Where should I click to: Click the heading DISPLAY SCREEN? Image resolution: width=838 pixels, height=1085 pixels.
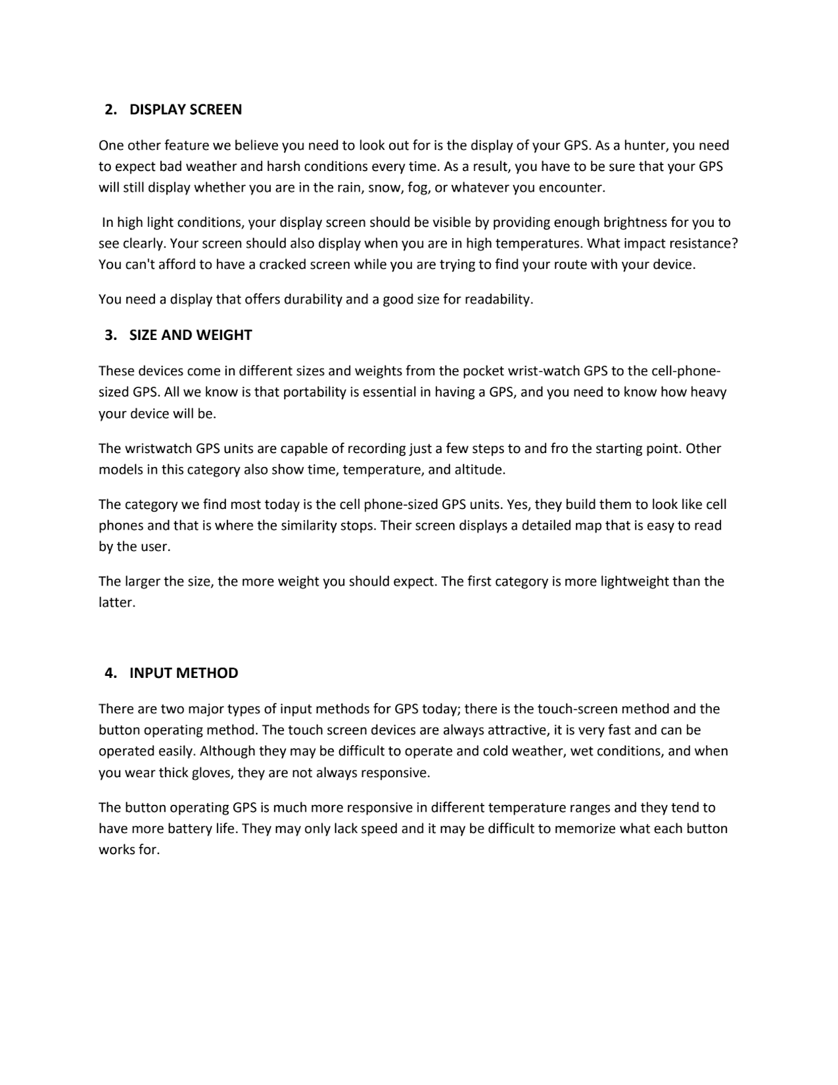[x=186, y=110]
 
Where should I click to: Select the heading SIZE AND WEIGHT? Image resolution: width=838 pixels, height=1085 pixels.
[x=190, y=335]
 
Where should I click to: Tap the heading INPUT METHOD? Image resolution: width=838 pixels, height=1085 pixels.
[x=184, y=673]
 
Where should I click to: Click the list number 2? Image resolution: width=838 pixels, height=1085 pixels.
[x=110, y=110]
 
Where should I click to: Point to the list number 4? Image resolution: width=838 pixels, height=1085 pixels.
[x=110, y=673]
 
